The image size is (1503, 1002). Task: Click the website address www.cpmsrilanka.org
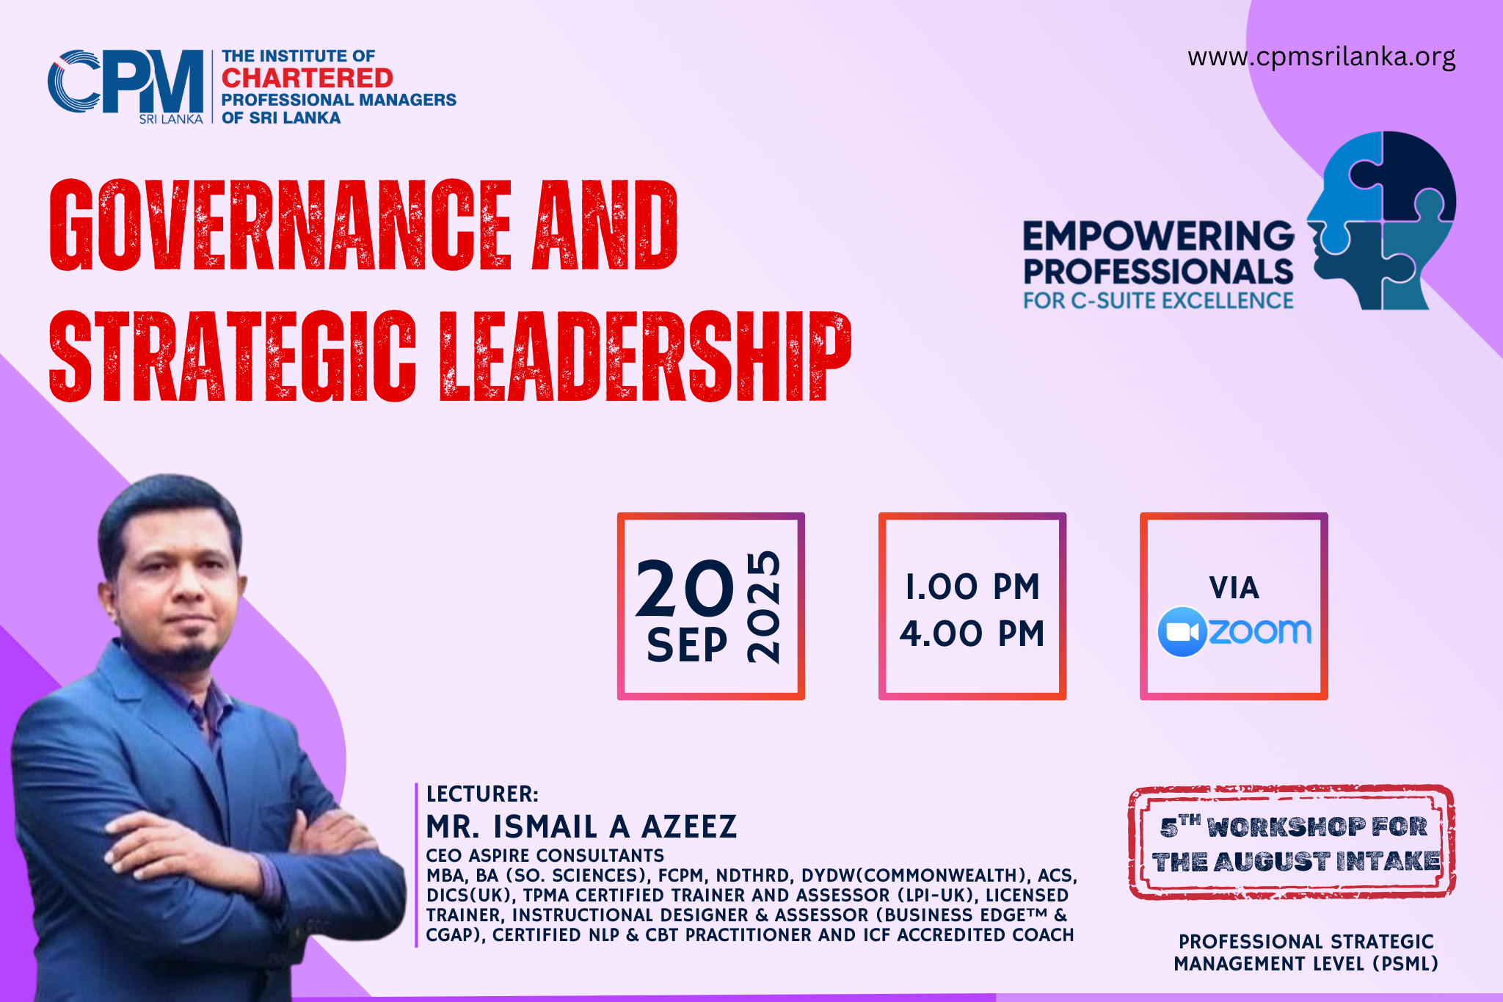[x=1321, y=57]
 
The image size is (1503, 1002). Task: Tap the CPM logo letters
[x=125, y=81]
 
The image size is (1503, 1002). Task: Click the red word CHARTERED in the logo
[x=307, y=78]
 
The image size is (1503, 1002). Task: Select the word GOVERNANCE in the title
[x=280, y=224]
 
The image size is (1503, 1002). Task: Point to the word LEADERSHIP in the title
[x=645, y=356]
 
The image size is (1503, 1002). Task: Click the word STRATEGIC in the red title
[x=232, y=356]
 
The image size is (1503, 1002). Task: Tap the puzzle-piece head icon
[x=1380, y=220]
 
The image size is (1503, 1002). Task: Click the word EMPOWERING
[x=1158, y=236]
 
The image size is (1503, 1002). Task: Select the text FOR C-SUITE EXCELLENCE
[x=1158, y=301]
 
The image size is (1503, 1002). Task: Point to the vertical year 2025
[x=763, y=606]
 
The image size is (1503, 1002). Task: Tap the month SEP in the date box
[x=687, y=645]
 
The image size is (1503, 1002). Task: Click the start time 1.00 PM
[x=972, y=587]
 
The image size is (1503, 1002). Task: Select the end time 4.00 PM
[x=972, y=633]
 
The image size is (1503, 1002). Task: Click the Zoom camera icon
[x=1182, y=631]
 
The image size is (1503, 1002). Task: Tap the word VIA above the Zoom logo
[x=1234, y=588]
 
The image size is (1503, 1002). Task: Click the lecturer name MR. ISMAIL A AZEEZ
[x=581, y=827]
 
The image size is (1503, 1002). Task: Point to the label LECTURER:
[x=482, y=794]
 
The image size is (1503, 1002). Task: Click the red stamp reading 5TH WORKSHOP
[x=1292, y=843]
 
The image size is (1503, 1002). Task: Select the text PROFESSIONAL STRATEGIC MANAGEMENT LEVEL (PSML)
[x=1306, y=952]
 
